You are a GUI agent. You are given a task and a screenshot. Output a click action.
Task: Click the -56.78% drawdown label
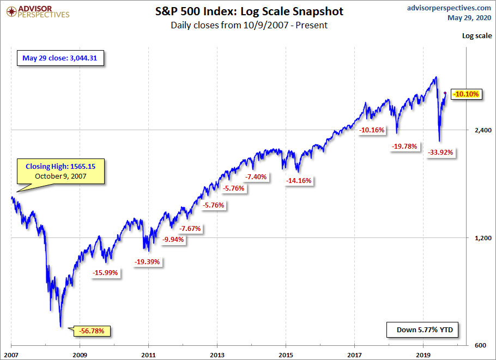[x=95, y=331]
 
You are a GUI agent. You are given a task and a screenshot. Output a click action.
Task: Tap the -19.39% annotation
[x=148, y=262]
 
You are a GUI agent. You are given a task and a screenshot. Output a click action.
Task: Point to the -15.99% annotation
[x=106, y=273]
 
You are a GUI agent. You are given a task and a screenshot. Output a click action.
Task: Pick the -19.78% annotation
[x=404, y=146]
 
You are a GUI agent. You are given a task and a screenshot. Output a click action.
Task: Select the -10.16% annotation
[x=372, y=130]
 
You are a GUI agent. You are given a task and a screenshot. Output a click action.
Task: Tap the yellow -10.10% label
[x=466, y=94]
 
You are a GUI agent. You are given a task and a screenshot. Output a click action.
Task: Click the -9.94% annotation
[x=173, y=239]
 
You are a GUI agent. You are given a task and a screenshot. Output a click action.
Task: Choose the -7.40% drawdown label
[x=256, y=177]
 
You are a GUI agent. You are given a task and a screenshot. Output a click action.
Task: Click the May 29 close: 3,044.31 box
[x=60, y=58]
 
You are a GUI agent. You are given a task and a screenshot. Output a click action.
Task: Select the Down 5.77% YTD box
[x=420, y=330]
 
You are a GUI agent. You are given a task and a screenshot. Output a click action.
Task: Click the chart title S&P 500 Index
[x=249, y=11]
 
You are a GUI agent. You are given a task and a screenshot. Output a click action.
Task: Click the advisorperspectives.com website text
[x=449, y=8]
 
